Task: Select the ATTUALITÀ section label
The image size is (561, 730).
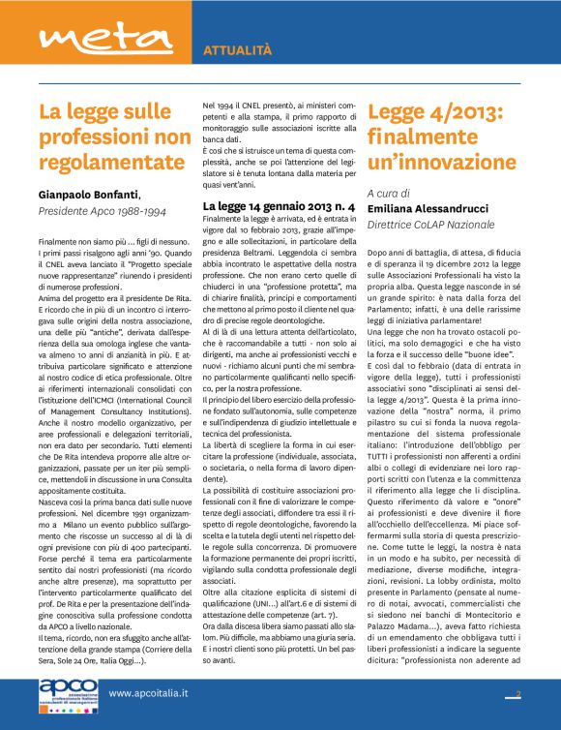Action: click(237, 49)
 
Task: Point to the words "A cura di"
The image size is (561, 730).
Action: click(389, 193)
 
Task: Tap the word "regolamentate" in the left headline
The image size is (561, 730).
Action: click(113, 162)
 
